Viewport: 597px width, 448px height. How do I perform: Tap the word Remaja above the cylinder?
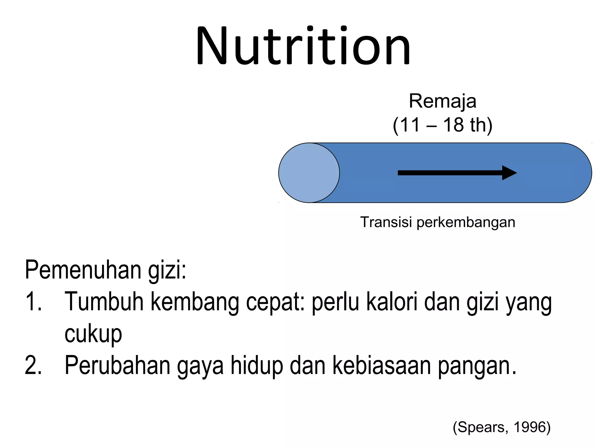click(x=443, y=101)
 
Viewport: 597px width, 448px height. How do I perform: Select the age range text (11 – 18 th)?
click(x=443, y=125)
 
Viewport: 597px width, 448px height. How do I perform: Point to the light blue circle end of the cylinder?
click(x=309, y=173)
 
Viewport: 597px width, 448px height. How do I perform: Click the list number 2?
click(x=34, y=365)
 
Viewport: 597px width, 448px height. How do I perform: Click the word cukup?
click(x=93, y=334)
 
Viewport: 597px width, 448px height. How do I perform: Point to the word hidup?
click(x=257, y=365)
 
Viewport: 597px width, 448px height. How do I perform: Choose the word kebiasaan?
click(x=382, y=365)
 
